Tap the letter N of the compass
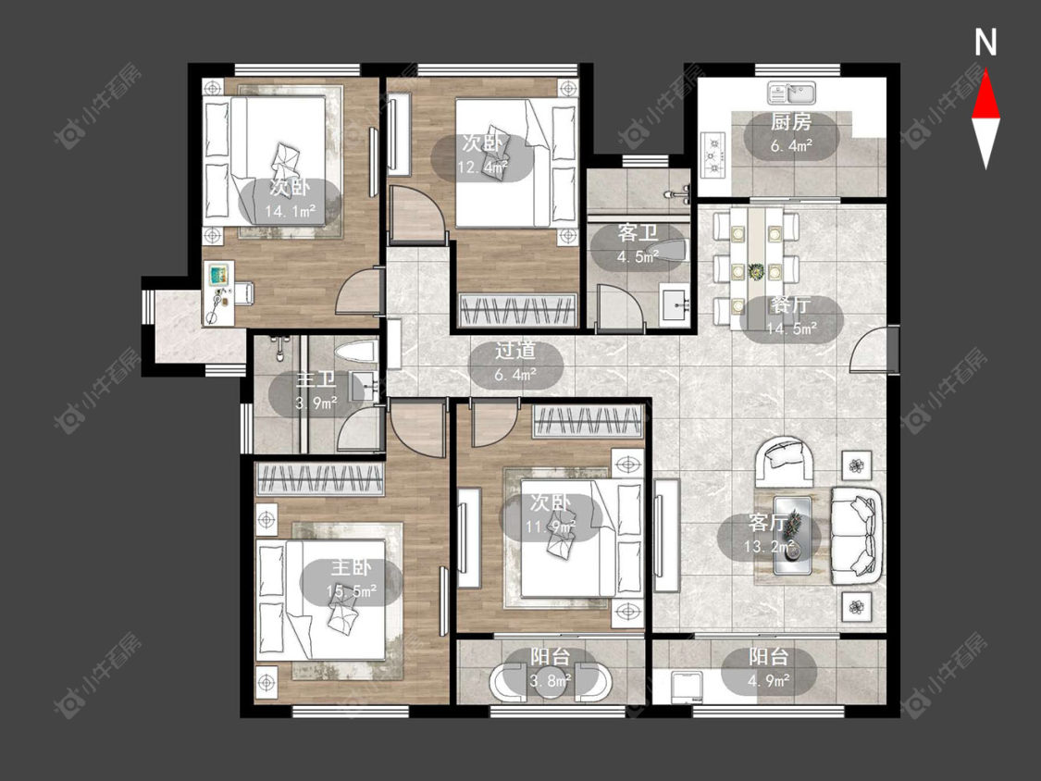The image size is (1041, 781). pyautogui.click(x=985, y=43)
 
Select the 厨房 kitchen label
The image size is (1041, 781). pyautogui.click(x=791, y=122)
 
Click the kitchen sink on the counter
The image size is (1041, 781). pyautogui.click(x=791, y=93)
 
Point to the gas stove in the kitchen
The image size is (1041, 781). pyautogui.click(x=713, y=156)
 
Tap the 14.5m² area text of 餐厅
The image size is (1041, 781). pyautogui.click(x=791, y=329)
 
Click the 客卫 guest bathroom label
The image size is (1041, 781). pyautogui.click(x=638, y=233)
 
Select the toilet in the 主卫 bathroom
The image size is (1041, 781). pyautogui.click(x=355, y=352)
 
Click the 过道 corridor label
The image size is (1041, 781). pyautogui.click(x=515, y=351)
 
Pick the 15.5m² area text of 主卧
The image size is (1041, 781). pyautogui.click(x=352, y=590)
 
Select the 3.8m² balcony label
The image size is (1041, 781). pyautogui.click(x=550, y=680)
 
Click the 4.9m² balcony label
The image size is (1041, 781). pyautogui.click(x=769, y=680)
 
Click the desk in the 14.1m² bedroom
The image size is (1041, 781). pyautogui.click(x=219, y=292)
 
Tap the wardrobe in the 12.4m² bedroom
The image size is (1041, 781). pyautogui.click(x=518, y=309)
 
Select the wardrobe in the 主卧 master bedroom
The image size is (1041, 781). pyautogui.click(x=320, y=478)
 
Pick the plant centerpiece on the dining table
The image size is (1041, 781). pyautogui.click(x=755, y=271)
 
